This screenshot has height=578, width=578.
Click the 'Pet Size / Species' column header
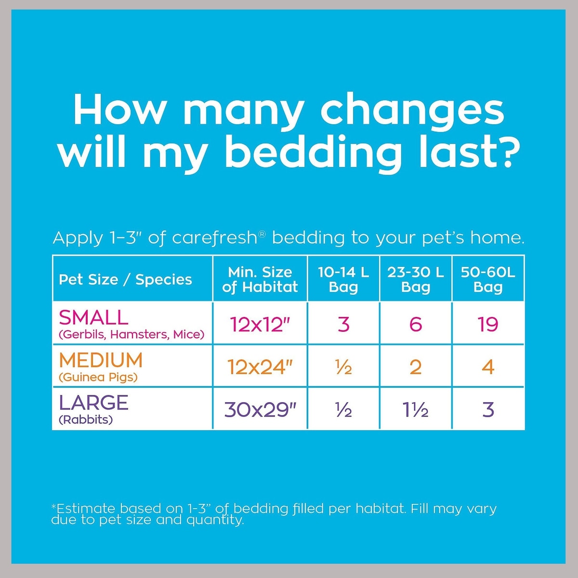(x=125, y=279)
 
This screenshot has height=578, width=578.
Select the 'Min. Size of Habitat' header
(x=260, y=279)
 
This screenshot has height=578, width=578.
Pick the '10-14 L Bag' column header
(x=343, y=279)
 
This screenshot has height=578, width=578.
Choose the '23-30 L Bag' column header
(x=416, y=279)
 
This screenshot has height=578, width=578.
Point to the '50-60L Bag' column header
(x=488, y=279)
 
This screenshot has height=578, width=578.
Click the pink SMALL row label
(x=94, y=318)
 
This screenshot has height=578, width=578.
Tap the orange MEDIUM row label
(x=101, y=360)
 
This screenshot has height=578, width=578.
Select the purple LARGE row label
(x=94, y=403)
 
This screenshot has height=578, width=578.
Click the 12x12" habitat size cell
(x=260, y=325)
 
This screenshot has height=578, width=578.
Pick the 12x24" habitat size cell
(x=260, y=368)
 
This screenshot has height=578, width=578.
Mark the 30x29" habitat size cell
(x=260, y=410)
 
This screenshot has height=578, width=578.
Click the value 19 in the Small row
(x=488, y=325)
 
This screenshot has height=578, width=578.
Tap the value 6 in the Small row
(x=416, y=325)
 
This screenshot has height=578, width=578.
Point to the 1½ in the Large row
(x=416, y=410)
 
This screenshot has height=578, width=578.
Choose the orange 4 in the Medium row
(x=488, y=368)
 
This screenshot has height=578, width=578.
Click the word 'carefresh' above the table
(x=214, y=238)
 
